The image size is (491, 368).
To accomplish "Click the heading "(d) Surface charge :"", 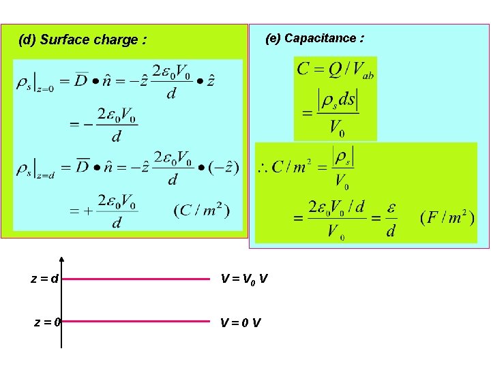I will pyautogui.click(x=83, y=40).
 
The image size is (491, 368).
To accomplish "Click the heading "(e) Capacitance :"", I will pyautogui.click(x=314, y=38).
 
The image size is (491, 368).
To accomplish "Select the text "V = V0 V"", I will pyautogui.click(x=243, y=278).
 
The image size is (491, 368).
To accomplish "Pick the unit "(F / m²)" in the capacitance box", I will pyautogui.click(x=447, y=218).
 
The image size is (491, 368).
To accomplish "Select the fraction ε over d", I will pyautogui.click(x=391, y=219).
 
